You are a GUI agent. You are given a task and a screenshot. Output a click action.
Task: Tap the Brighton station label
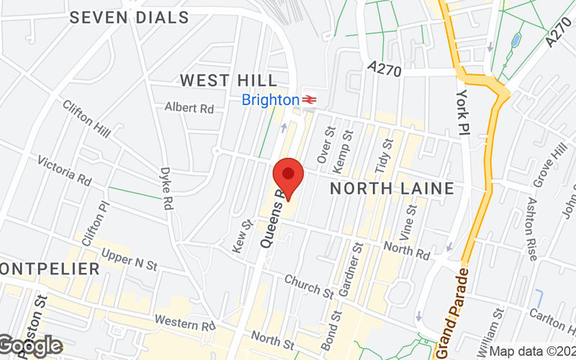click(x=270, y=100)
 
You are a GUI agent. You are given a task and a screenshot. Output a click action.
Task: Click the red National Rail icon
click(x=310, y=100)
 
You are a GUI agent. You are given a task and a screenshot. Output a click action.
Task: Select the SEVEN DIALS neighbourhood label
click(x=130, y=17)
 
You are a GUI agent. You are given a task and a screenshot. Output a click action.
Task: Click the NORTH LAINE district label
click(x=392, y=189)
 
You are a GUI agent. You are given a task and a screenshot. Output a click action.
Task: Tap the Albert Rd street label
click(x=189, y=108)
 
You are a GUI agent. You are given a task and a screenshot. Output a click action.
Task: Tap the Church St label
click(x=309, y=285)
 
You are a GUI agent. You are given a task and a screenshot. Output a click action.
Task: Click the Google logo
click(x=30, y=346)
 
